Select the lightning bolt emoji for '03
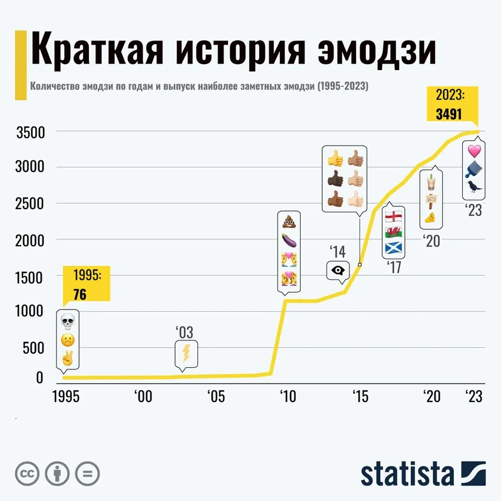pos(185,354)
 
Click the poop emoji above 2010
pos(289,222)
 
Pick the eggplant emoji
pos(289,240)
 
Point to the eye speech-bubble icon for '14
pos(338,270)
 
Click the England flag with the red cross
pos(393,216)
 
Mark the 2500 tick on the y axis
pos(30,203)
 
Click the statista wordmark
pos(407,473)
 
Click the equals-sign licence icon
pos(87,473)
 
